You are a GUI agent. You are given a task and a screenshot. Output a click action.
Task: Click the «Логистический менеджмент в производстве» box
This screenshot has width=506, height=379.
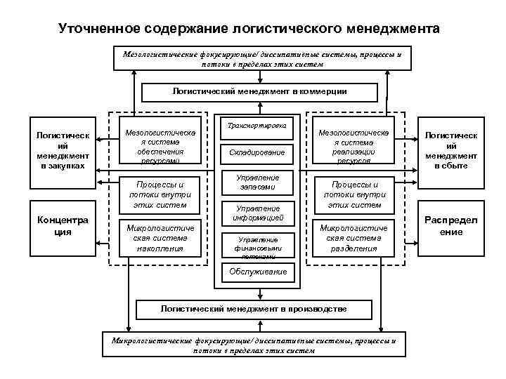(254, 310)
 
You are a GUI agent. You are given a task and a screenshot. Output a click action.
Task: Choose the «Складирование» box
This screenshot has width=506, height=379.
(257, 152)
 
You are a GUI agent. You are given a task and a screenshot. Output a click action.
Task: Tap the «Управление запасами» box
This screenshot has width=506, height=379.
(257, 182)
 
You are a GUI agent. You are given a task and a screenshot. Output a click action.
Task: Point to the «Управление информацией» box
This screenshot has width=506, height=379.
(257, 213)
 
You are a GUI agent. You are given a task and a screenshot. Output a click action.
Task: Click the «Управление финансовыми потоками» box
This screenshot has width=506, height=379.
(257, 246)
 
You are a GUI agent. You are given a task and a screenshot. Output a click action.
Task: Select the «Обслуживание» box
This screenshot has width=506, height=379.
(257, 271)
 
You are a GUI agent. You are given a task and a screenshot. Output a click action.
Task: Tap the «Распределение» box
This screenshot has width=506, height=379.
(450, 226)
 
